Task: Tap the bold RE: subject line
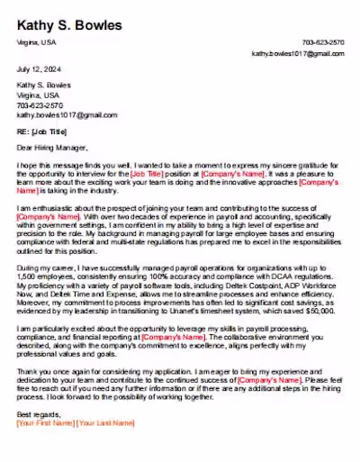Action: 42,131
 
